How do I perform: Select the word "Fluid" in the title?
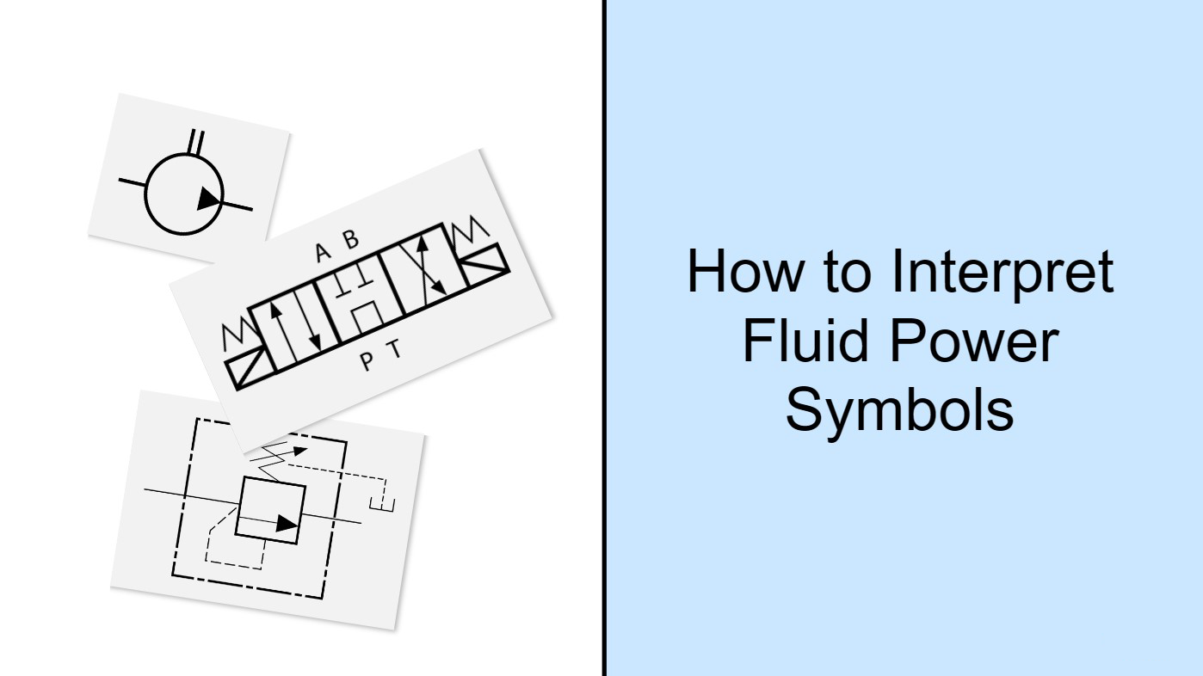click(x=806, y=341)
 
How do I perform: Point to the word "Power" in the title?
click(x=975, y=341)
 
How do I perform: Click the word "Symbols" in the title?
click(x=900, y=412)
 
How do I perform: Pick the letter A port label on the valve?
click(x=322, y=252)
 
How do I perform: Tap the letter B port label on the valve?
click(x=350, y=239)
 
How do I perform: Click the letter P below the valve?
click(x=367, y=361)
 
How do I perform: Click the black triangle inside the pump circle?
click(x=208, y=199)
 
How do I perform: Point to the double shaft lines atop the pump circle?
click(x=196, y=142)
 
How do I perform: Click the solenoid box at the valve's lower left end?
click(x=246, y=367)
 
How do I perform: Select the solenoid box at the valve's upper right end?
click(x=486, y=265)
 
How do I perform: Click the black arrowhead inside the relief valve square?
click(x=287, y=524)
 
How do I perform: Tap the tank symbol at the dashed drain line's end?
click(x=382, y=504)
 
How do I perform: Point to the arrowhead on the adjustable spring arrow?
click(x=299, y=451)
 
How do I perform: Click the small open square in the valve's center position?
click(x=367, y=316)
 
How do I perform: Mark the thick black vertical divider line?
click(x=604, y=338)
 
